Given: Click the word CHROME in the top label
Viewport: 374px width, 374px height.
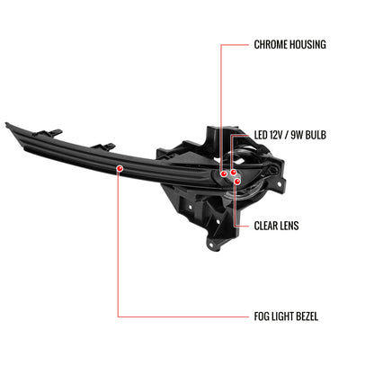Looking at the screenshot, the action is click(269, 44).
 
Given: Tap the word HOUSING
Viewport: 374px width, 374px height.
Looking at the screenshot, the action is click(307, 44).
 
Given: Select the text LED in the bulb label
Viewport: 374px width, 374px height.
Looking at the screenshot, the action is click(261, 135).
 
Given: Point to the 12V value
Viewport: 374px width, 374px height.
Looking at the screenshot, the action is click(276, 135).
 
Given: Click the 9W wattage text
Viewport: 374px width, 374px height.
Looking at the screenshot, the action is click(297, 135).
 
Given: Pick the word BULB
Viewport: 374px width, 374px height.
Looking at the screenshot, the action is click(316, 135).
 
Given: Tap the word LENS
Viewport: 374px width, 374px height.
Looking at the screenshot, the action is click(289, 226).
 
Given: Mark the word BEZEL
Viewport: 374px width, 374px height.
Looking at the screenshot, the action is click(307, 316).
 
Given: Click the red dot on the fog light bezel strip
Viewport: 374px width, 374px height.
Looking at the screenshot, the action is click(120, 168).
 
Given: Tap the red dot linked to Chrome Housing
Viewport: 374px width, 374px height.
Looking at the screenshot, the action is click(224, 174).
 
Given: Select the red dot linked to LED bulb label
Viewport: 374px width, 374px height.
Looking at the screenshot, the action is click(233, 172).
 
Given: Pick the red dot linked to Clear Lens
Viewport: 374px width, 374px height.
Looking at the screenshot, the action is click(237, 182).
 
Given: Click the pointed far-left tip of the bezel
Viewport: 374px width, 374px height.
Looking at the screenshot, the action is click(6, 123).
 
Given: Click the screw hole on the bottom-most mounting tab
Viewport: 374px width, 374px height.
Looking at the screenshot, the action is click(211, 245).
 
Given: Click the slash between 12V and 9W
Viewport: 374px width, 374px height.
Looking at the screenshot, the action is click(287, 135).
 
